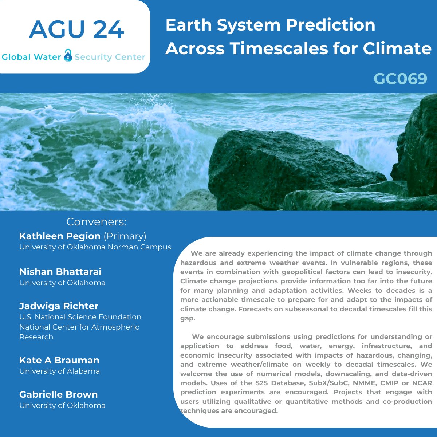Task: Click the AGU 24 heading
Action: coord(76,30)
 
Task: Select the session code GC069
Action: coord(400,78)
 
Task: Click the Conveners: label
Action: coord(96,222)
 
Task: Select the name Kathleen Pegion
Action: coord(60,236)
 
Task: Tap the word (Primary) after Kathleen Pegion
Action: coord(125,236)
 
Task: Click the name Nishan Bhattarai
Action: coord(60,272)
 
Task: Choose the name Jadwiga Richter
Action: coord(59,306)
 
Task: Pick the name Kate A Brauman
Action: coord(59,360)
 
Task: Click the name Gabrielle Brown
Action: coord(59,394)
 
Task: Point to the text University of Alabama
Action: coord(59,371)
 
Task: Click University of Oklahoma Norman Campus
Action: coord(95,247)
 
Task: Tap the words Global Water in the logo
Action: coord(31,57)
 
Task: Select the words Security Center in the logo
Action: coord(110,57)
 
